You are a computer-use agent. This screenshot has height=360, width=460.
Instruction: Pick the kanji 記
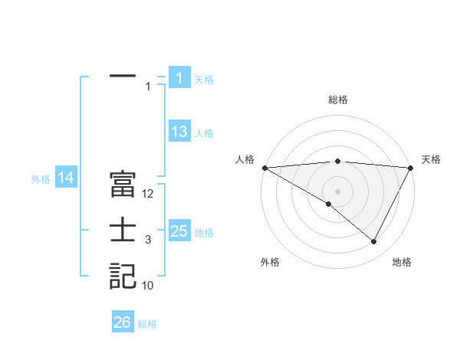[123, 276]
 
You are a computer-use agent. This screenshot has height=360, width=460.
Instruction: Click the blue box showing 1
[179, 77]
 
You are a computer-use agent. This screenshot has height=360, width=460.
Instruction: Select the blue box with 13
[179, 132]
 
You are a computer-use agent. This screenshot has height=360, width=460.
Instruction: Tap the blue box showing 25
[179, 231]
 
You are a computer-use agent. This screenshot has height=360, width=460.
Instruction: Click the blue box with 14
[65, 178]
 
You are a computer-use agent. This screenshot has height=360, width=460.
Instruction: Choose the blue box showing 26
[122, 322]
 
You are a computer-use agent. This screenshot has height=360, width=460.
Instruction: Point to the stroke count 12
[149, 195]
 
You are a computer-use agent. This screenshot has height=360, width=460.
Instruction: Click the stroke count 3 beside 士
[148, 241]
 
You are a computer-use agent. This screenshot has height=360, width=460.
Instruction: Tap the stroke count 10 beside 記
[149, 286]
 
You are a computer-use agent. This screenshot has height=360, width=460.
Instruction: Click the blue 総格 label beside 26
[147, 323]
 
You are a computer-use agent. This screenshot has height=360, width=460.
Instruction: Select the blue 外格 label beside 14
[41, 178]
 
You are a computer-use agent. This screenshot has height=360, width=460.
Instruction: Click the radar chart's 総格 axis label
[337, 100]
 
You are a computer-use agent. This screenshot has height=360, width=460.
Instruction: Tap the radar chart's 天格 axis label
[431, 159]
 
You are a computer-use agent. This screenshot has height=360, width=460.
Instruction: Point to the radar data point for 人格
[264, 167]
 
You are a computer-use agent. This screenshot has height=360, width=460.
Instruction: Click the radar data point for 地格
[373, 242]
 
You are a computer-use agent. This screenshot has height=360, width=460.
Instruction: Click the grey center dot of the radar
[337, 191]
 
